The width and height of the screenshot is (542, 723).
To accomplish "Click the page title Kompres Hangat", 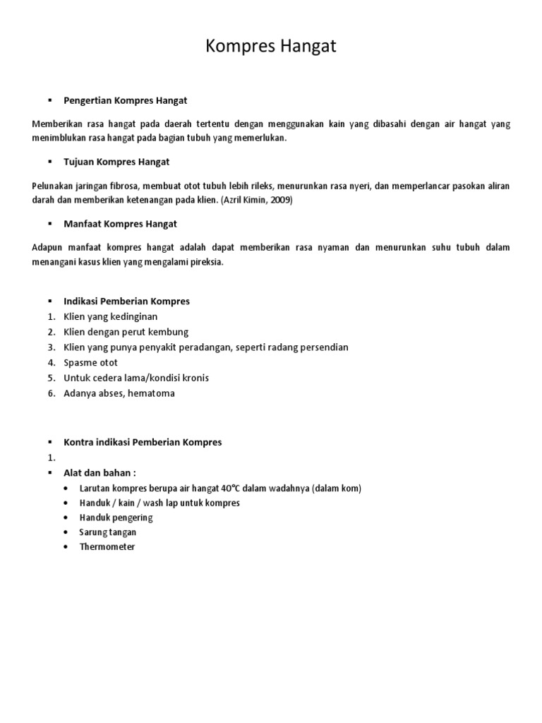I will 271,47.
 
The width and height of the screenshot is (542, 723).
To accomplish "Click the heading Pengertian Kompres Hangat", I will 125,101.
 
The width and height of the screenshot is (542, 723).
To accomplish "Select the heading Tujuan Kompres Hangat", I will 116,162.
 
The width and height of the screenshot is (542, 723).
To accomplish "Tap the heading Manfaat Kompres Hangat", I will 120,223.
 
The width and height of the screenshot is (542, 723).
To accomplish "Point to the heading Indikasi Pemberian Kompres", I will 126,301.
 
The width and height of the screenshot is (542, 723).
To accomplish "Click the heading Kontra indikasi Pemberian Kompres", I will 143,442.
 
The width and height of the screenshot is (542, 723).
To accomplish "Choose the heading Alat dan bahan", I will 100,472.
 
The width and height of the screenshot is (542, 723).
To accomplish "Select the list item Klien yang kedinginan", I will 110,316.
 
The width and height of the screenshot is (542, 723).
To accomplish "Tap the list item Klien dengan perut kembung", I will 126,332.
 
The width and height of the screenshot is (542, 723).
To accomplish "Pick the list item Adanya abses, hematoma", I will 119,393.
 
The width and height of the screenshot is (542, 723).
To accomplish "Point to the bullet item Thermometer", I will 107,546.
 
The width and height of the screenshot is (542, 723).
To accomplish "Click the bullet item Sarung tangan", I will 108,532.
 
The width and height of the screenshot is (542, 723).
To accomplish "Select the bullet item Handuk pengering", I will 116,517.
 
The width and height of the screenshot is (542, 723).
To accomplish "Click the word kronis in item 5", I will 195,378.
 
